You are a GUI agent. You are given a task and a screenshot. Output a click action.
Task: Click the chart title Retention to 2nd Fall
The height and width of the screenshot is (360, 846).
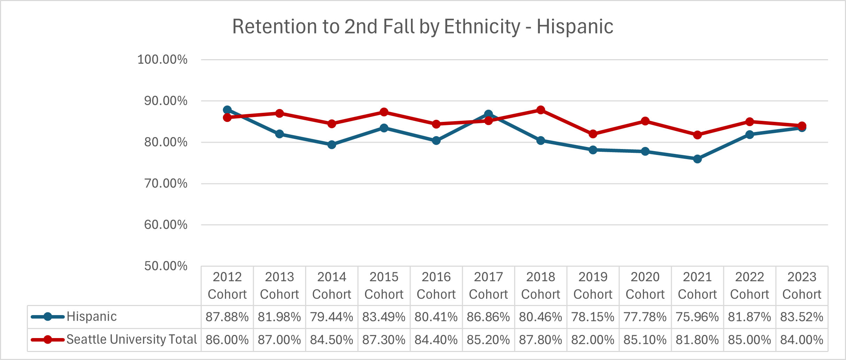[x=422, y=26]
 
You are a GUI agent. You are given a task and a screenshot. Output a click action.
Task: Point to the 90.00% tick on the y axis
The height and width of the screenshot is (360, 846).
[x=166, y=101]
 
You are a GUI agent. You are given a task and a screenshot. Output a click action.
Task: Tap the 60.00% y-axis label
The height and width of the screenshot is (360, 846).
[x=166, y=225]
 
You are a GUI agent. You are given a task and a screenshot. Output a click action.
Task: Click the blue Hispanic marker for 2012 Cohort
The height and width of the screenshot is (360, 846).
[x=227, y=110]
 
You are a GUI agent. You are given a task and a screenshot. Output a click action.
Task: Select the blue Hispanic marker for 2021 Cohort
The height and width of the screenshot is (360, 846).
[x=697, y=159]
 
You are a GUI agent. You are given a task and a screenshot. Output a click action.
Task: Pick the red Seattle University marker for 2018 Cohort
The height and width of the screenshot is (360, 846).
[x=541, y=110]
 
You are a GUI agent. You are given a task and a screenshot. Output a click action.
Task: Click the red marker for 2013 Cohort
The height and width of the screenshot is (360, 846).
[x=279, y=113]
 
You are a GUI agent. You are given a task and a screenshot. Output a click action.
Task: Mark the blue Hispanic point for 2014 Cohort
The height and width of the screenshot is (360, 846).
[x=332, y=144]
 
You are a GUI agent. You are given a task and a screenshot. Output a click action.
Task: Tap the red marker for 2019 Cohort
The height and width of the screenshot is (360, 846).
[x=593, y=134]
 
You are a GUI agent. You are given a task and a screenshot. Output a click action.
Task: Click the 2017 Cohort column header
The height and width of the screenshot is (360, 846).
[x=488, y=285]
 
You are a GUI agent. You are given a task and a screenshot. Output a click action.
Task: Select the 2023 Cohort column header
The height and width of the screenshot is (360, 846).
[x=802, y=285]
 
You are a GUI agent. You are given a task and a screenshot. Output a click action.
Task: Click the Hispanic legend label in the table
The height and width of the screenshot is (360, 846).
[x=92, y=316]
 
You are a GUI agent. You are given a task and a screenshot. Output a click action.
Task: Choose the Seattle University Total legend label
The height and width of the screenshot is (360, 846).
[x=131, y=339]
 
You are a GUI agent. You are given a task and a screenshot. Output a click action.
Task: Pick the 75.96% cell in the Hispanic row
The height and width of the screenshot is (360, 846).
[x=697, y=317]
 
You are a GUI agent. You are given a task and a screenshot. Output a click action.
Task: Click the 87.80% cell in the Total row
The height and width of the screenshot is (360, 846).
[x=541, y=340]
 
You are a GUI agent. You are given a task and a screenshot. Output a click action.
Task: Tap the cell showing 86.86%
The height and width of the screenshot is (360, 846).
[x=488, y=317]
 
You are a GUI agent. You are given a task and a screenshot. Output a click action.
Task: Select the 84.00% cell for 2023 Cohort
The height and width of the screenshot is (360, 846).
[x=802, y=340]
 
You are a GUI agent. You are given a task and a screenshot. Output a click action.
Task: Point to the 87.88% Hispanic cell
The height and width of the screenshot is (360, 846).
[x=227, y=317]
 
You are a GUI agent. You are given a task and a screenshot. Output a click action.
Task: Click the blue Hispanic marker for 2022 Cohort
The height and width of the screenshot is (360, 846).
[x=750, y=134]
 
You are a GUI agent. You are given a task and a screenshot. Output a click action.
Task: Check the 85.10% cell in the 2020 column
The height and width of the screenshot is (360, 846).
[x=645, y=340]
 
